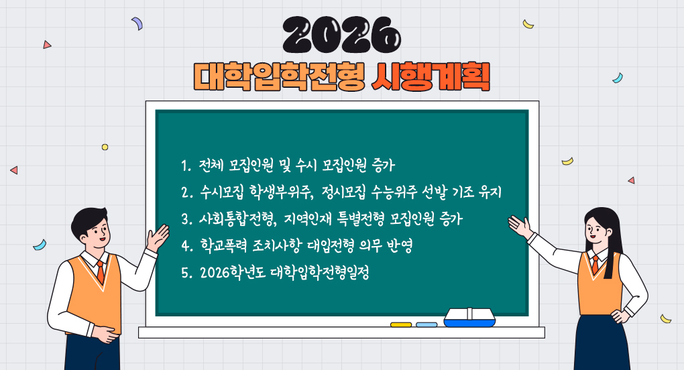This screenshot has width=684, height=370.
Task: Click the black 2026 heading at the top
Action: pyautogui.click(x=341, y=34)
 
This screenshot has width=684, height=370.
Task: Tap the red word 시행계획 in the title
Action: pyautogui.click(x=430, y=77)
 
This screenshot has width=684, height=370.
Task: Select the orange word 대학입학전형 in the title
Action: pyautogui.click(x=279, y=77)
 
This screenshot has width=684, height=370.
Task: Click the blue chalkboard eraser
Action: pyautogui.click(x=469, y=317)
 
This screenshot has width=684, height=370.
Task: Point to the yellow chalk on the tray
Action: pyautogui.click(x=401, y=324)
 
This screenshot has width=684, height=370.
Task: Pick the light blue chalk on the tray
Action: pyautogui.click(x=426, y=324)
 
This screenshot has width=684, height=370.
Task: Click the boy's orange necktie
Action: pyautogui.click(x=101, y=271)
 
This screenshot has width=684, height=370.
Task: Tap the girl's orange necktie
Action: pyautogui.click(x=595, y=264)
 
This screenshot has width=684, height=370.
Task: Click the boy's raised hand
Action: pyautogui.click(x=158, y=237)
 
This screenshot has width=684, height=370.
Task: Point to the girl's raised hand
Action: pyautogui.click(x=520, y=226)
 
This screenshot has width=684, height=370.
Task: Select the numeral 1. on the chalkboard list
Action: pyautogui.click(x=186, y=166)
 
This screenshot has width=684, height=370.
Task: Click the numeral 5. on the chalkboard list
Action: pyautogui.click(x=186, y=273)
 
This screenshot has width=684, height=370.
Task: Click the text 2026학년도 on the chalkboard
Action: pyautogui.click(x=233, y=273)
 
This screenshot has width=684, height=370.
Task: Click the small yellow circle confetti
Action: pyautogui.click(x=105, y=147)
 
